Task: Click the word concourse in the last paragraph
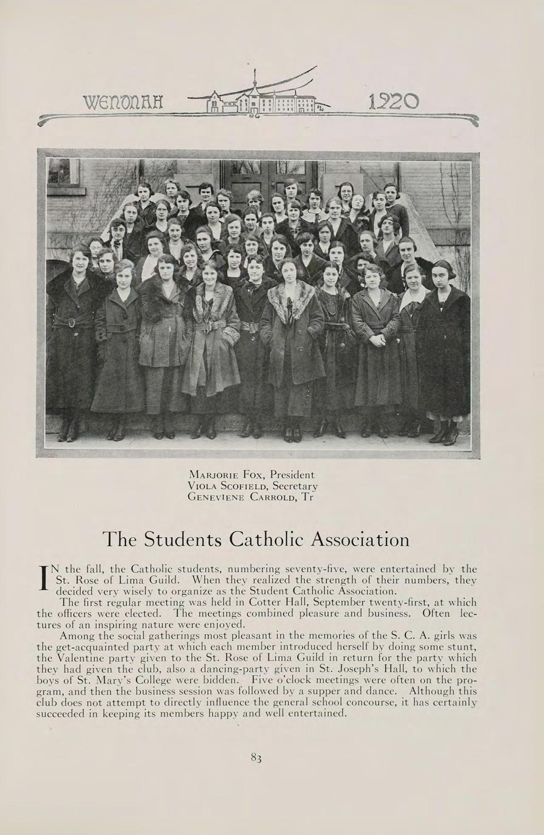tap(378, 702)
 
